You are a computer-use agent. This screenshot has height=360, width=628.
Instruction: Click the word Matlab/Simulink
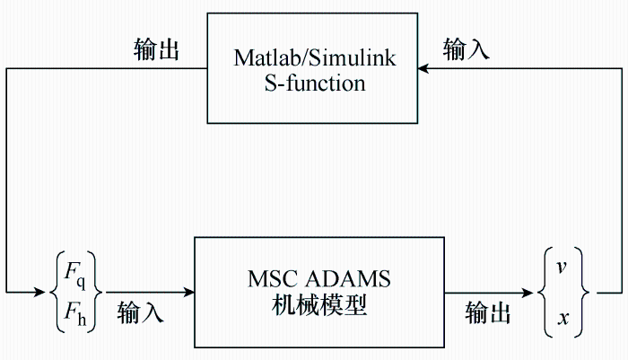coord(315,58)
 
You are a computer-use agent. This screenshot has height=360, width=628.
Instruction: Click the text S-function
coord(315,83)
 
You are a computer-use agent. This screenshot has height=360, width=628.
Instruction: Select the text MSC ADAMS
coord(319,279)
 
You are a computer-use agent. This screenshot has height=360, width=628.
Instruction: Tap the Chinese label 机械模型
coord(319,305)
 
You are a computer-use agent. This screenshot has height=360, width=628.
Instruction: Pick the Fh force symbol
coord(75,312)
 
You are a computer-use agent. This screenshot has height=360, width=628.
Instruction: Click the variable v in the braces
coord(562,267)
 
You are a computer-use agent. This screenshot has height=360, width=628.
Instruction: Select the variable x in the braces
coord(563,319)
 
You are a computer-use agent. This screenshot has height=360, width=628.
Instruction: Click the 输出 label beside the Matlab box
coord(156,49)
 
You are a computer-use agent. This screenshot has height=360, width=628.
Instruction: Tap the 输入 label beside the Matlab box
coord(467,49)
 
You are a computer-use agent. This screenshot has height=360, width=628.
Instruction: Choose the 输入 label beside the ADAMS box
coord(140,312)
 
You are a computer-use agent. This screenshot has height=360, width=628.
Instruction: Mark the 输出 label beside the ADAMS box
coord(488,312)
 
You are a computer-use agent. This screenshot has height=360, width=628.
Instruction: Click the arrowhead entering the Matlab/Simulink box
coord(423,68)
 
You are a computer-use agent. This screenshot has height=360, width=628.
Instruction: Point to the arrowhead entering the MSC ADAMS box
coord(188,293)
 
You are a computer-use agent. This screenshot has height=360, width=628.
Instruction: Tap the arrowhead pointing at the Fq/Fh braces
coord(40,293)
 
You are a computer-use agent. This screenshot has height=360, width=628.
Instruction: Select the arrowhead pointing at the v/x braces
coord(528,293)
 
